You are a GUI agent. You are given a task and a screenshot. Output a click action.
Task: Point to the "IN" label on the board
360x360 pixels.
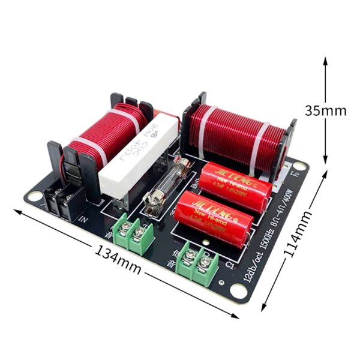(x=83, y=220)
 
